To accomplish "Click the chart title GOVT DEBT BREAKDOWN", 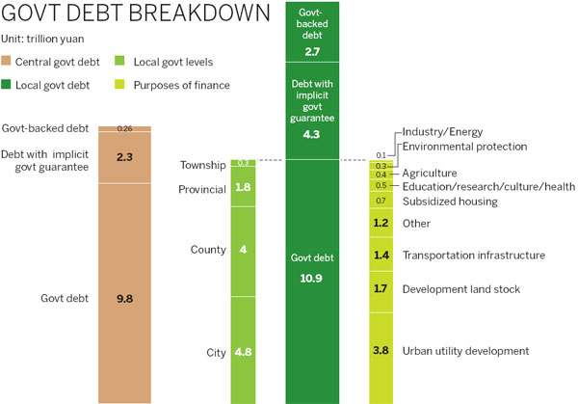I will (136, 15).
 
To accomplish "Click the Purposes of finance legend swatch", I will (122, 85).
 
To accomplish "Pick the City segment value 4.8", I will (244, 352).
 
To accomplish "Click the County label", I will (208, 250).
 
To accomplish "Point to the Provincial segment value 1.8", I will (244, 188).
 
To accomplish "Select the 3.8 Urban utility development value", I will (380, 351).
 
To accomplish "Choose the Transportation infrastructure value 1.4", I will (380, 256).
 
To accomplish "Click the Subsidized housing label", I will (450, 202).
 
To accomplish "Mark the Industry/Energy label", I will (442, 131).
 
